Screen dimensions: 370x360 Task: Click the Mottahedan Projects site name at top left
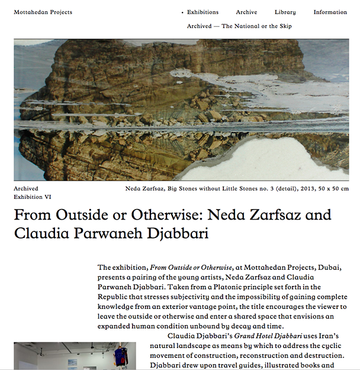coord(43,12)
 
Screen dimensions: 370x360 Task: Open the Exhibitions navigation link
coord(202,12)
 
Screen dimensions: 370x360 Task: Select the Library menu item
coord(285,12)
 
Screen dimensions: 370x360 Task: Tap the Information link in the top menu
coord(330,12)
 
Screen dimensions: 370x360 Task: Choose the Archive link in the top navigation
coord(246,12)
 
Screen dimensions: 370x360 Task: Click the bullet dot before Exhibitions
coord(182,12)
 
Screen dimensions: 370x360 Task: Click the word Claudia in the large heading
coord(41,233)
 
